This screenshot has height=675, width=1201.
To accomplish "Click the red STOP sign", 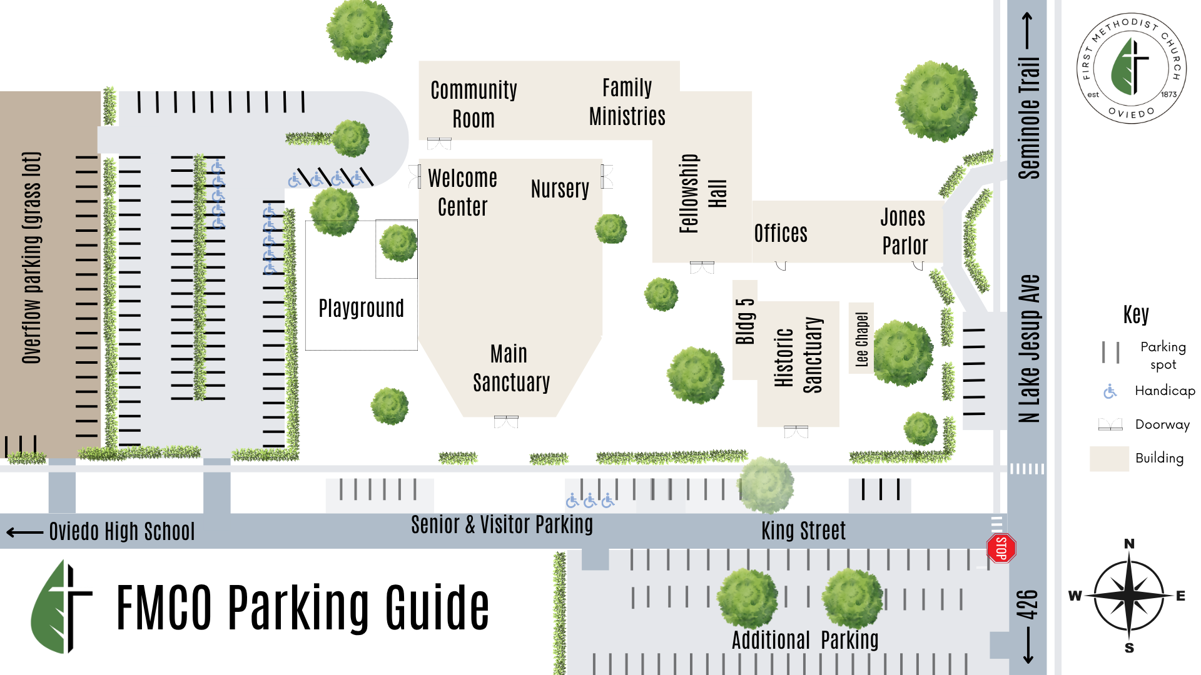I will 1001,549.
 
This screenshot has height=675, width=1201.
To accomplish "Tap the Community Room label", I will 474,104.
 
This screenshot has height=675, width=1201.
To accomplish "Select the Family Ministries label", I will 627,102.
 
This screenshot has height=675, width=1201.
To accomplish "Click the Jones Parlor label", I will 904,231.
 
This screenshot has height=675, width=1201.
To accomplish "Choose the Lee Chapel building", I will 861,339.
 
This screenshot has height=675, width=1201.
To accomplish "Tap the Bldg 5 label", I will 745,321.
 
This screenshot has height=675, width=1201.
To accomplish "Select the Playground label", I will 361,308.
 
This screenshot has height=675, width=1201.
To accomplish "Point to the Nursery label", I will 560,189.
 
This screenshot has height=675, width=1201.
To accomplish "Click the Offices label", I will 781,234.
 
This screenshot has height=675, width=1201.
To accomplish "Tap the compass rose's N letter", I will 1129,544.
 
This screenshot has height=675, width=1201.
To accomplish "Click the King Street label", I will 803,531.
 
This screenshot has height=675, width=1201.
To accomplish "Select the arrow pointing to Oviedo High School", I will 25,532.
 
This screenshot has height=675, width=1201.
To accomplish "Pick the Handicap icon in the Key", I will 1110,392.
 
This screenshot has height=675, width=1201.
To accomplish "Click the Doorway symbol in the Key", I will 1110,425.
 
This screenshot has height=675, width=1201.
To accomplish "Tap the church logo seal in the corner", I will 1131,68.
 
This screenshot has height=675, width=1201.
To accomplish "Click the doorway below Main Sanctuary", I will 506,422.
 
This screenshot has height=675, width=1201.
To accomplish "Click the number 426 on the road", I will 1027,604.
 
